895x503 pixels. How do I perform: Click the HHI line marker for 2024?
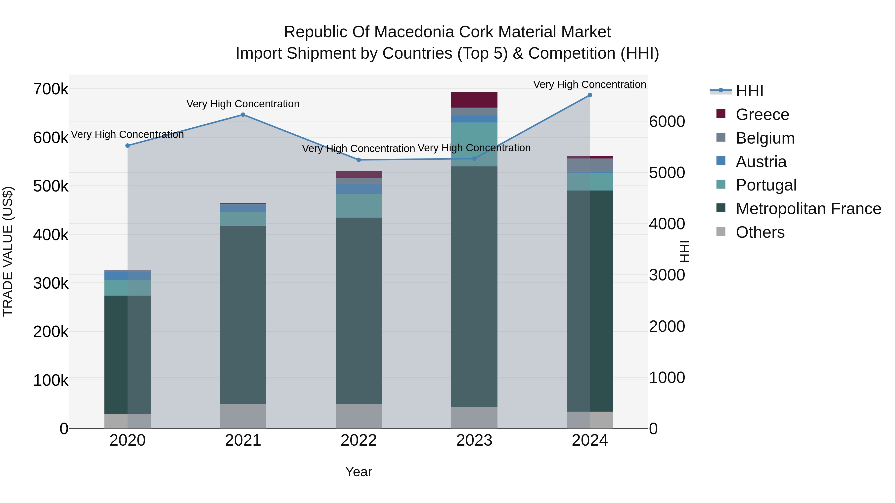click(590, 95)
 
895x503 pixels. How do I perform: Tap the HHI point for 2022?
click(358, 160)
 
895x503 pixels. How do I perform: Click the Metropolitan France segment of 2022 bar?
click(358, 311)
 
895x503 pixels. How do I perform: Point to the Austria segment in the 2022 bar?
click(358, 189)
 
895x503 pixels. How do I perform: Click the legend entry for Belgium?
click(765, 138)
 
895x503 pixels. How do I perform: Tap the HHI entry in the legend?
click(749, 91)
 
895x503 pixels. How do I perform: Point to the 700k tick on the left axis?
click(51, 89)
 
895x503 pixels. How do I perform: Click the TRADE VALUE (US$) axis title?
click(8, 251)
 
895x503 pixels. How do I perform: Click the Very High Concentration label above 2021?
click(243, 104)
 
